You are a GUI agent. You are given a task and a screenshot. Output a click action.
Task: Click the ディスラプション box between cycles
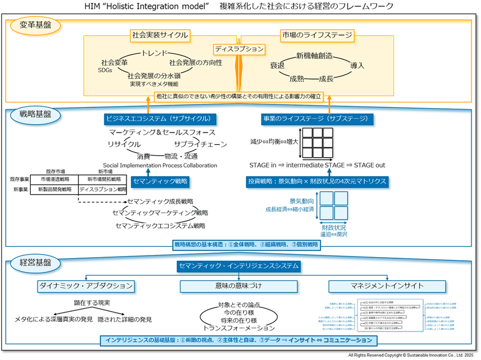[x=239, y=49]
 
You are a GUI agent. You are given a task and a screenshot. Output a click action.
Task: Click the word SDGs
[x=104, y=70]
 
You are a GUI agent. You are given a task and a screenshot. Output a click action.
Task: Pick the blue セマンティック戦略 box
[x=160, y=181]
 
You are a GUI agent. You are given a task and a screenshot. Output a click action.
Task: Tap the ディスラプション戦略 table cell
[x=103, y=189]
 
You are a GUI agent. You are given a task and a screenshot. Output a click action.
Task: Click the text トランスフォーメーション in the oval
[x=239, y=328]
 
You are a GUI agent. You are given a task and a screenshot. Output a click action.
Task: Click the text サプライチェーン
[x=200, y=144]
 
